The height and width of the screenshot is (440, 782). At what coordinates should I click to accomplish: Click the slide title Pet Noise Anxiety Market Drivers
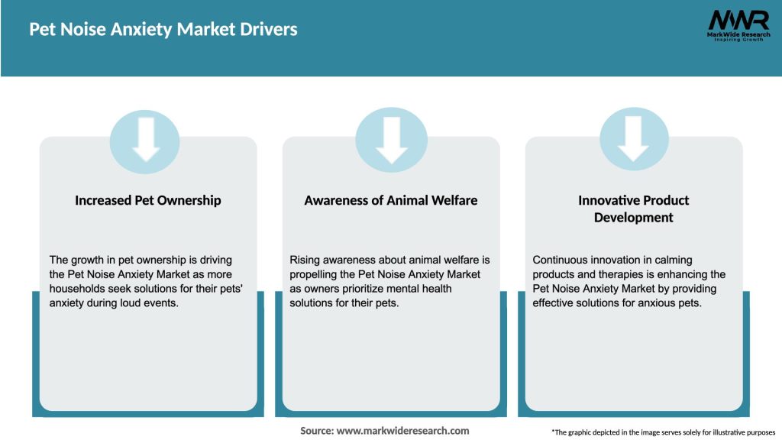[163, 30]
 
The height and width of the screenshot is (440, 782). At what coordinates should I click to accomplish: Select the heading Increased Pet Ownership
[147, 200]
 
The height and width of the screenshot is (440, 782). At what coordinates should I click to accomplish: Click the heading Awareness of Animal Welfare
[391, 200]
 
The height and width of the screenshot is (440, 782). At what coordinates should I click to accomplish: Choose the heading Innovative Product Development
[633, 209]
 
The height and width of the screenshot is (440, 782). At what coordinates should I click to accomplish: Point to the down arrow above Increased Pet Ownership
[146, 139]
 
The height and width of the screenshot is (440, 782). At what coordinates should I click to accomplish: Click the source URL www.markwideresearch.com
[402, 431]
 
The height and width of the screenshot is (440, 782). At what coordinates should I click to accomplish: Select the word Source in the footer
[316, 431]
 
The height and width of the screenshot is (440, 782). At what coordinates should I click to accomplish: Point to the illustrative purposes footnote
[663, 432]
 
